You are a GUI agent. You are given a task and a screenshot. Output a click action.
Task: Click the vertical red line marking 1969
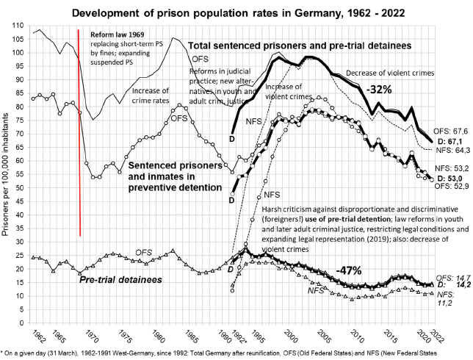pyautogui.click(x=79, y=132)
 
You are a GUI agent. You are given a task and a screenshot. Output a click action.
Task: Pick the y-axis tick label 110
pyautogui.click(x=18, y=25)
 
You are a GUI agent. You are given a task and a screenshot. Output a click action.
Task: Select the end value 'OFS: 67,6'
pyautogui.click(x=450, y=132)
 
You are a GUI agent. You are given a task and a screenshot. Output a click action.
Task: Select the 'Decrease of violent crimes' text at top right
pyautogui.click(x=402, y=73)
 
